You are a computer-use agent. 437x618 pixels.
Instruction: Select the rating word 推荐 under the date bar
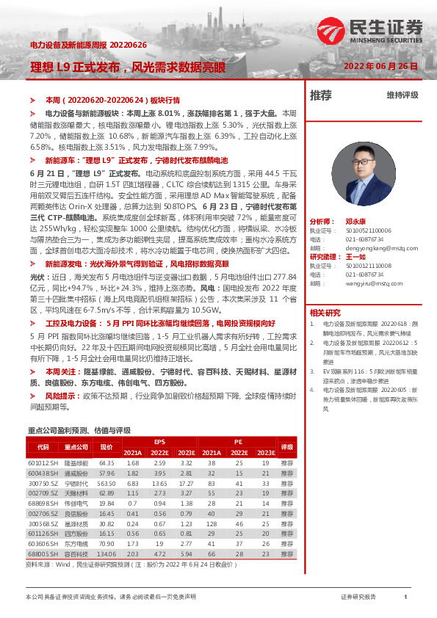click(x=321, y=95)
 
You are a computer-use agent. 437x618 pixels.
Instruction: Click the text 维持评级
click(x=402, y=95)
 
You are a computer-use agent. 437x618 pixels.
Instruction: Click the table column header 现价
click(x=106, y=446)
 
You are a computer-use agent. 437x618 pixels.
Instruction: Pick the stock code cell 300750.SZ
click(x=38, y=484)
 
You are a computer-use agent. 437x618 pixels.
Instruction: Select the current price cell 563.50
click(x=107, y=484)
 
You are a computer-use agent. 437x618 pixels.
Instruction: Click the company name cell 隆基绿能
click(x=76, y=463)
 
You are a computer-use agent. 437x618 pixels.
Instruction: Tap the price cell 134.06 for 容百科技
click(x=107, y=554)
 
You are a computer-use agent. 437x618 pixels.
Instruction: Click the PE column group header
click(x=238, y=442)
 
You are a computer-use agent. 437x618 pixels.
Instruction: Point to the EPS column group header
click(x=159, y=442)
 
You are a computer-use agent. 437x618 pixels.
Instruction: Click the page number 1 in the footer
click(x=405, y=597)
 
